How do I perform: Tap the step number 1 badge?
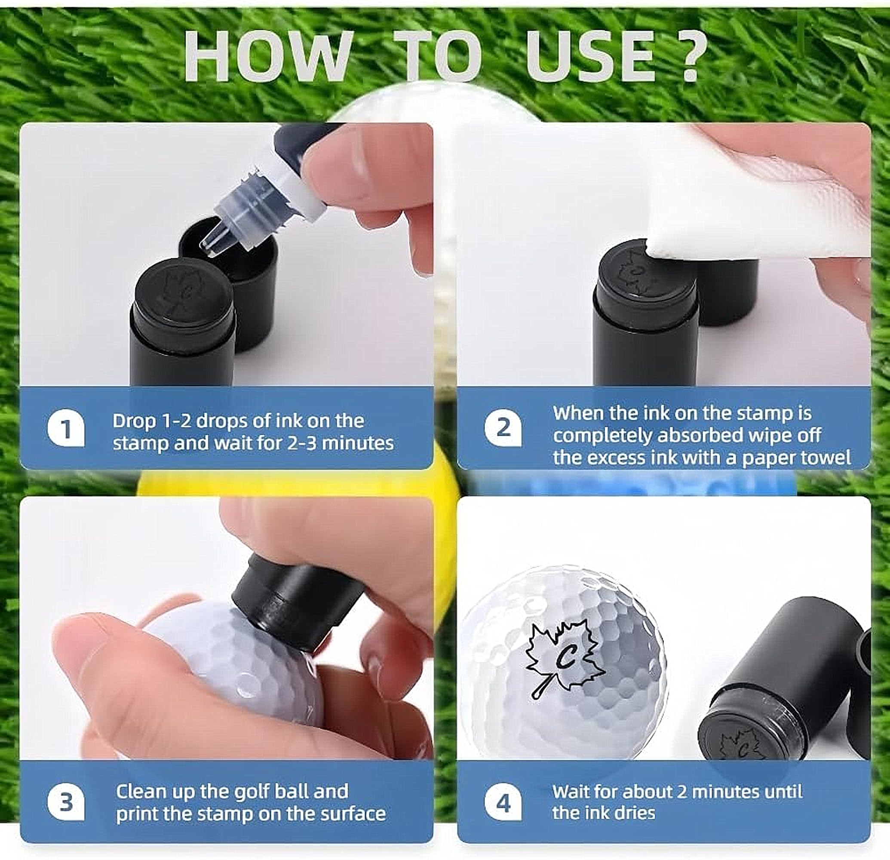pyautogui.click(x=66, y=429)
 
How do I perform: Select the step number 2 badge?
pyautogui.click(x=503, y=428)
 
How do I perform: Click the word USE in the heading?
pyautogui.click(x=591, y=57)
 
